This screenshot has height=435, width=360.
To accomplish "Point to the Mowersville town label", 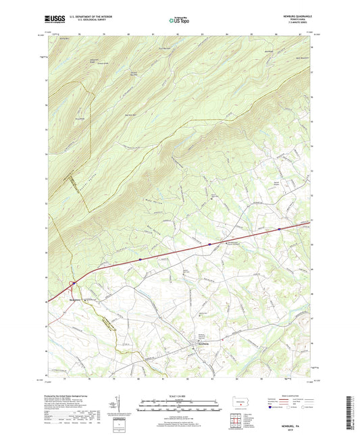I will coord(74,294).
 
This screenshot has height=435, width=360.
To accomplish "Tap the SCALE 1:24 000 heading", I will coord(180,396).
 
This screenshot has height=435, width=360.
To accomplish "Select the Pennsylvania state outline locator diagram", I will coord(238,403).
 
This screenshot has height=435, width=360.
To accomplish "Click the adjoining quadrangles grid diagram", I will coord(239,420).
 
